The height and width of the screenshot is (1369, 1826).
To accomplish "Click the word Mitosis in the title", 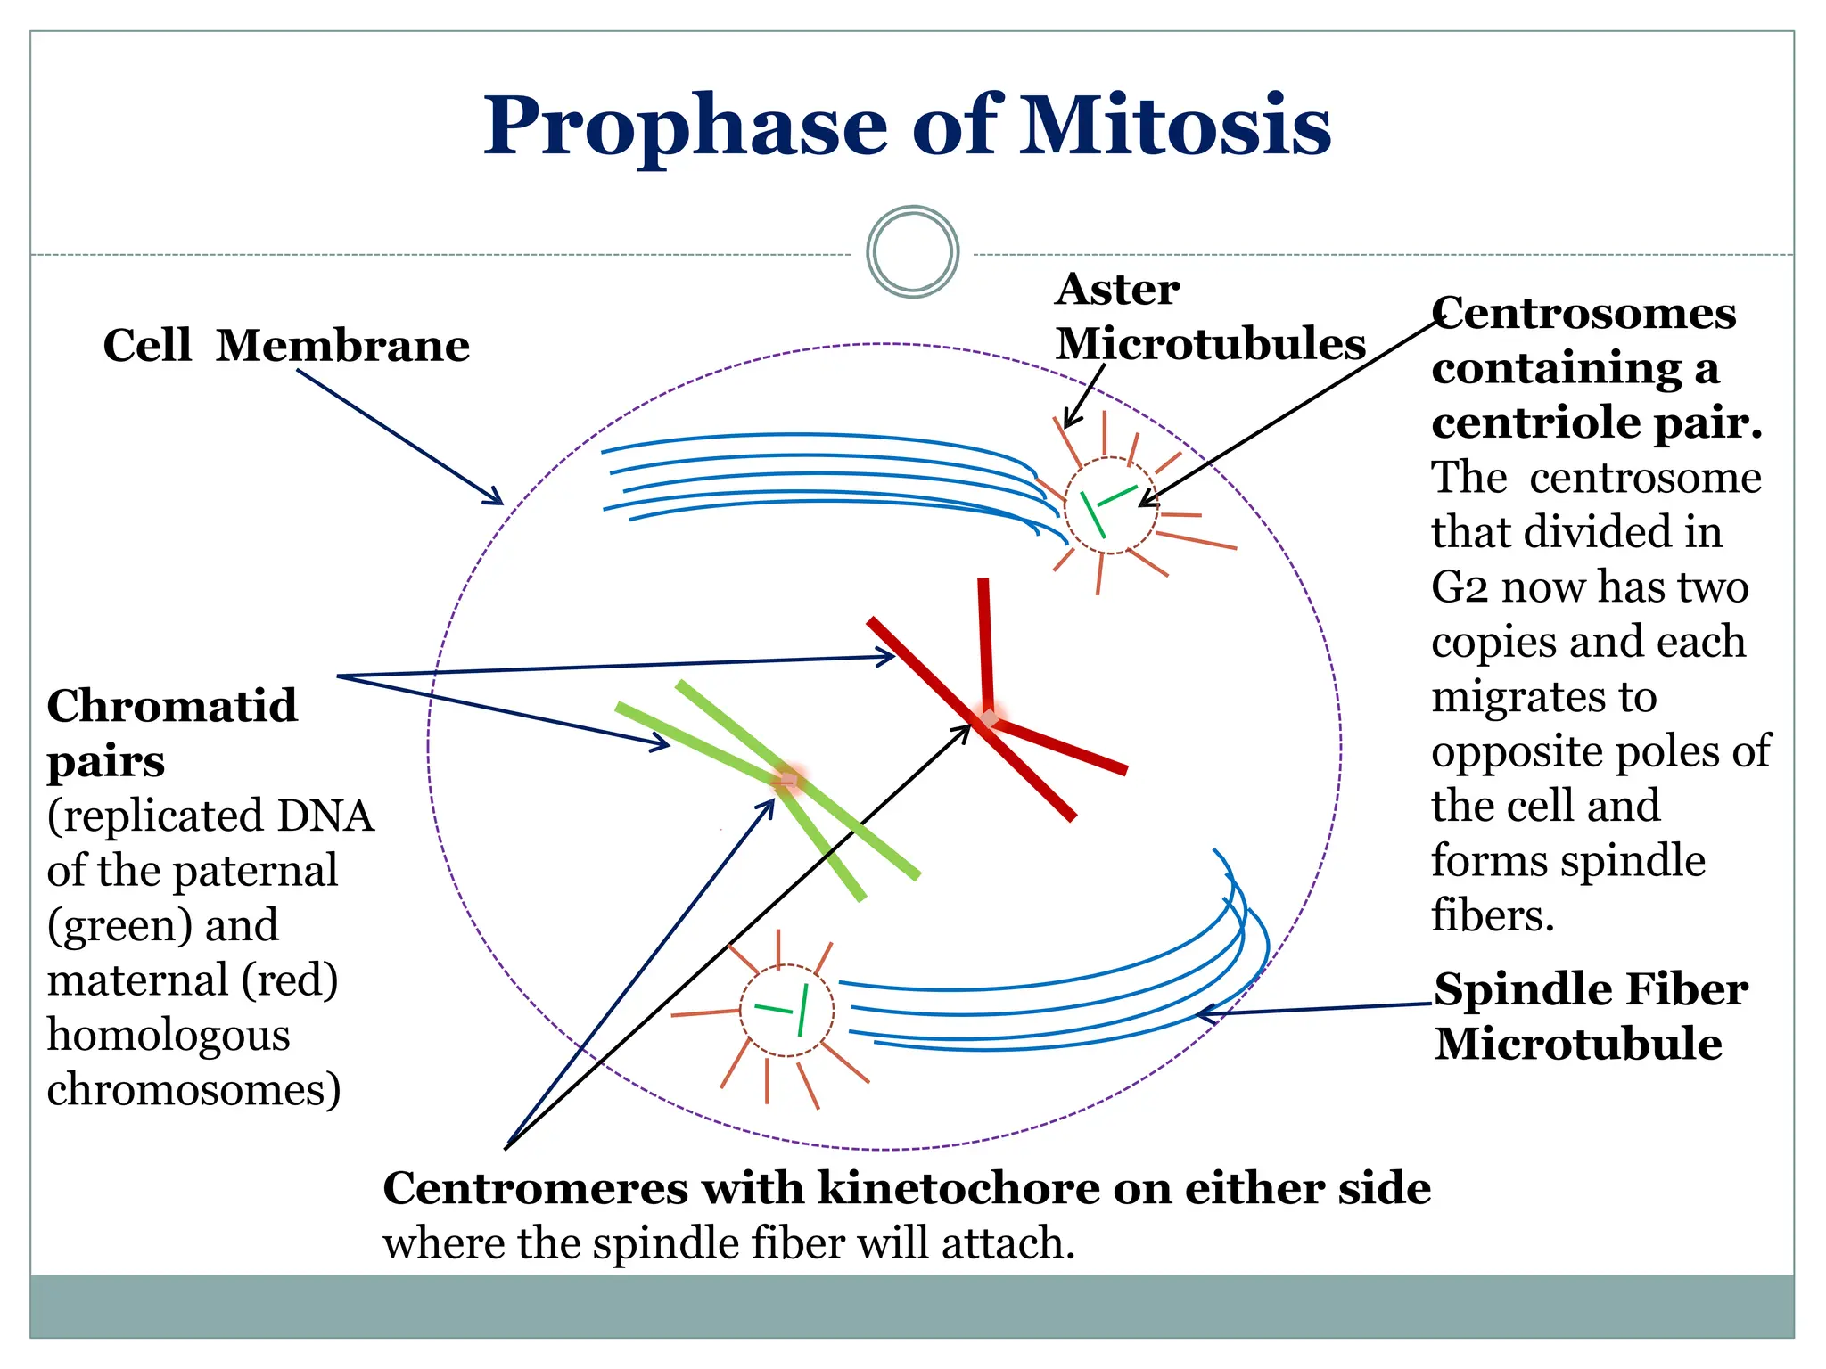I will pyautogui.click(x=1175, y=127).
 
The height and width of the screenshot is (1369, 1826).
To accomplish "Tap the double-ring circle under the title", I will pyautogui.click(x=912, y=251).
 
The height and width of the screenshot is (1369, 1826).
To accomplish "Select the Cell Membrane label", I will pyautogui.click(x=286, y=345).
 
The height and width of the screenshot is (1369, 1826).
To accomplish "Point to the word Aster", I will pyautogui.click(x=1117, y=290).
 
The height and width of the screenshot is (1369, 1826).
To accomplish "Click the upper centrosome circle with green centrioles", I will pyautogui.click(x=1110, y=505).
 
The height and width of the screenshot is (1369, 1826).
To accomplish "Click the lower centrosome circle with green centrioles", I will pyautogui.click(x=786, y=1011).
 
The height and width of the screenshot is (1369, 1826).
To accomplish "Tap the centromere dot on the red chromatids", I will pyautogui.click(x=989, y=717).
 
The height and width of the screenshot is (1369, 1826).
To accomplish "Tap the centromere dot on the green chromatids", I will pyautogui.click(x=787, y=781).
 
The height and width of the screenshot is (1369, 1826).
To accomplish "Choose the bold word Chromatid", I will pyautogui.click(x=172, y=706).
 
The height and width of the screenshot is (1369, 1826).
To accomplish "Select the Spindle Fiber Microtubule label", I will pyautogui.click(x=1590, y=1016).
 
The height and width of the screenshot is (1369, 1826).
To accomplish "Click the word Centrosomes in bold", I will pyautogui.click(x=1583, y=314).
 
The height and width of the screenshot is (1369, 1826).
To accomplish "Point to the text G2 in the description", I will pyautogui.click(x=1460, y=588).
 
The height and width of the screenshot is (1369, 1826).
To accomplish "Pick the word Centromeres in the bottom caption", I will pyautogui.click(x=535, y=1188).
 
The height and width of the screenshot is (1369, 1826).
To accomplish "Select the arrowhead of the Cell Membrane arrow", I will pyautogui.click(x=498, y=500).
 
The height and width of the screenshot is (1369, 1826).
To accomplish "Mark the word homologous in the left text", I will pyautogui.click(x=169, y=1036).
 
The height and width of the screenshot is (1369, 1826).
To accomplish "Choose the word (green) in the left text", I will pyautogui.click(x=119, y=926).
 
